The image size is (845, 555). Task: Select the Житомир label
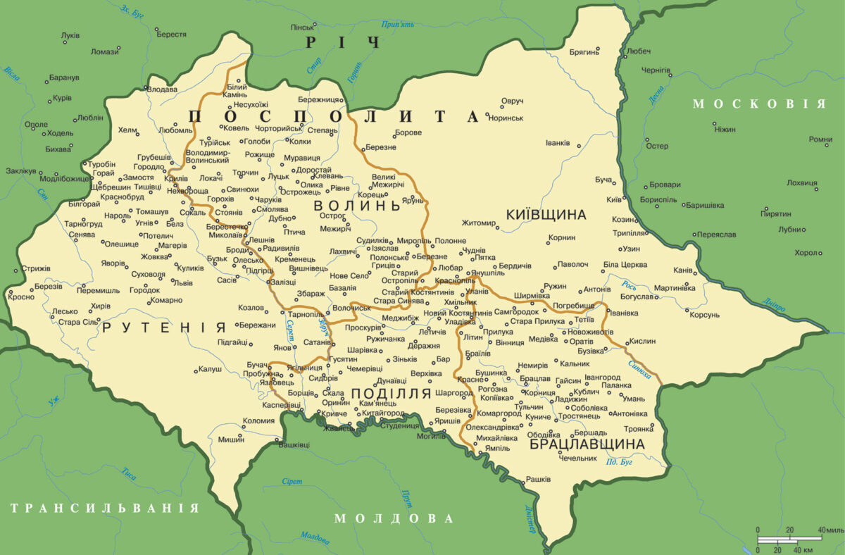pos(479,223)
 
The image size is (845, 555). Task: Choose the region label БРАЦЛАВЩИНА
pos(587,444)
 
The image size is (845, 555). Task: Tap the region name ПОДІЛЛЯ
pos(391,394)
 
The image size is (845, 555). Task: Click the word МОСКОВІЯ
pos(758,104)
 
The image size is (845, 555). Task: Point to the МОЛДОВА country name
pos(394,518)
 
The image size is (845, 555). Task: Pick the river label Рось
pos(629,285)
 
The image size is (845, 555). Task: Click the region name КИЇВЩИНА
pos(546,214)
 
